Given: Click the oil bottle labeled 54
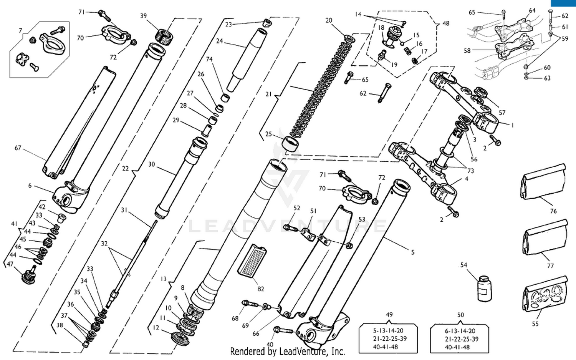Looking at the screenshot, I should click(484, 289).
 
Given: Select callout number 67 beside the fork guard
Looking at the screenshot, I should click(18, 148).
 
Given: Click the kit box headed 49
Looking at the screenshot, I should click(388, 338).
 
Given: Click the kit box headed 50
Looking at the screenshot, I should click(460, 338).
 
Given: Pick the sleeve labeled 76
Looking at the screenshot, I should click(543, 182).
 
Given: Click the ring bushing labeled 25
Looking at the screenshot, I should click(291, 144).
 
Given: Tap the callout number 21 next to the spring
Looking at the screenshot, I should click(268, 94).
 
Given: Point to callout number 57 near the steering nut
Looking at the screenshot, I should click(502, 113).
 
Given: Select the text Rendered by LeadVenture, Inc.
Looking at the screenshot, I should click(287, 351).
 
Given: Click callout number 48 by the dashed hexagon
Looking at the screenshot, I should click(445, 23).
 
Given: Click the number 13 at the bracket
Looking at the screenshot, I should click(164, 279).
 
